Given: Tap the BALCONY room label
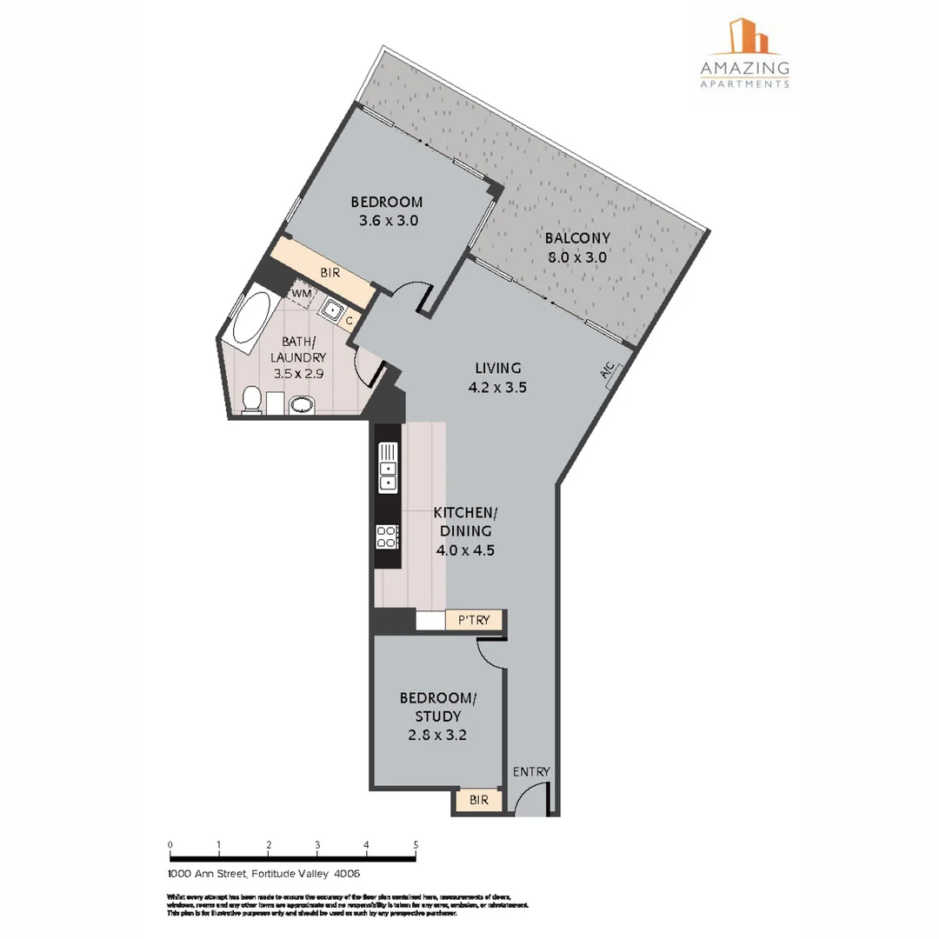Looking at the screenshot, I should click(x=577, y=237).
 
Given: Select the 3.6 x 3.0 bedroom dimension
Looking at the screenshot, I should click(x=389, y=221).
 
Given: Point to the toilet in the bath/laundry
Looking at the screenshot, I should click(x=250, y=401).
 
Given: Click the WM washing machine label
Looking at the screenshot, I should click(x=301, y=294).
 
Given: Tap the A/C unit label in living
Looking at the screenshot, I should click(x=607, y=371).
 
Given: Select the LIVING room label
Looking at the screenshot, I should click(x=497, y=368).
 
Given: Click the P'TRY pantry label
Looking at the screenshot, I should click(x=474, y=621).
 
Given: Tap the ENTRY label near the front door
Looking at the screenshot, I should click(x=531, y=771).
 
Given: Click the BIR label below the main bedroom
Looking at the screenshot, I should click(x=330, y=273).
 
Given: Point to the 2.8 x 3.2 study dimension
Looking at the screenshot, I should click(x=438, y=735).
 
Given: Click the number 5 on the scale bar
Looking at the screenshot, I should click(x=416, y=845).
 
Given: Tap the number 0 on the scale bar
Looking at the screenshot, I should click(x=170, y=845).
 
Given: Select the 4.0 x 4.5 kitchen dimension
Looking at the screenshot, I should click(x=464, y=549).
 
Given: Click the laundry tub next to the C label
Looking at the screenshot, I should click(x=331, y=308).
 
